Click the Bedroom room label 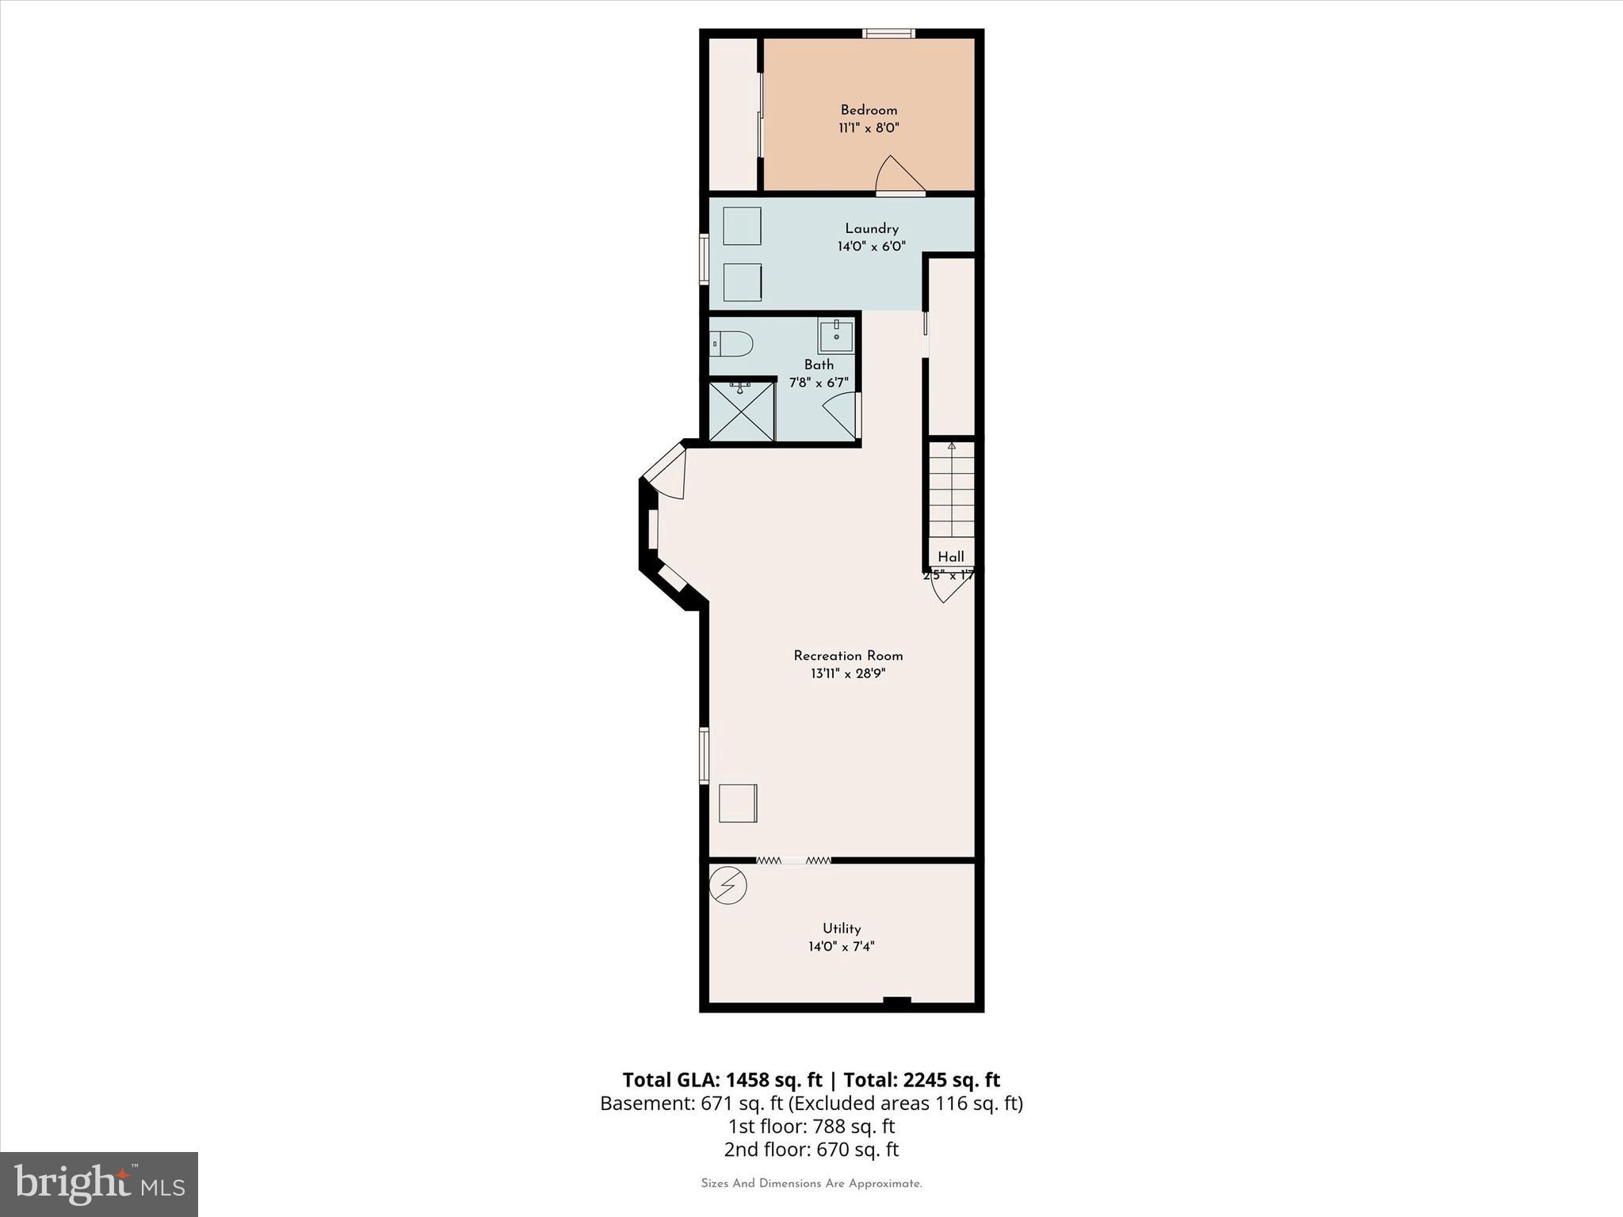click(869, 110)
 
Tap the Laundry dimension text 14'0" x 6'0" click(871, 246)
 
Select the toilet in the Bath click(731, 344)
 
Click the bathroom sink click(836, 337)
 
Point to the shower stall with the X click(741, 410)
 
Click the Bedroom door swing click(898, 176)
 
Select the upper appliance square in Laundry click(742, 226)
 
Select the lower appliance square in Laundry click(742, 282)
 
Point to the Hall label click(951, 557)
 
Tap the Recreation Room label click(848, 656)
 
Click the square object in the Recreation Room click(738, 803)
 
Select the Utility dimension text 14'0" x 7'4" click(841, 946)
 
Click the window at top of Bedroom click(888, 33)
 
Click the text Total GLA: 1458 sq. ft click(722, 1080)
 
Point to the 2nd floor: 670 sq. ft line click(811, 1149)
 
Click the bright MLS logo click(99, 1184)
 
